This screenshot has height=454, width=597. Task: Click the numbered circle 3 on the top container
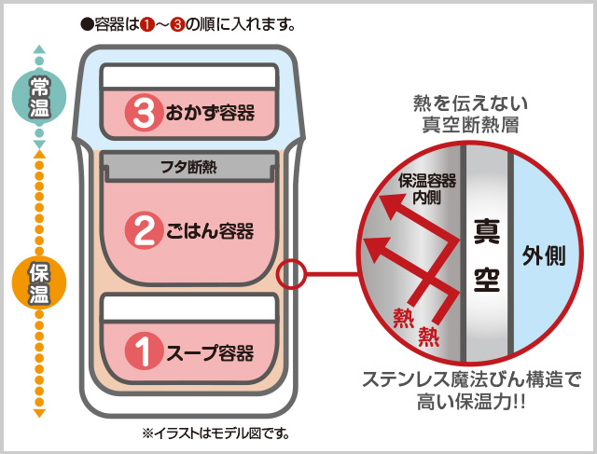pos(144,114)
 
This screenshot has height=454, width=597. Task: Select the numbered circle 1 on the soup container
pos(144,353)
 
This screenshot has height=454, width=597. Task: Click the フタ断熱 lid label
pos(189,168)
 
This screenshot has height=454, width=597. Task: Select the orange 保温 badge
pos(38,283)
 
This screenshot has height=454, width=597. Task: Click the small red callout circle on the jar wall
pos(292,274)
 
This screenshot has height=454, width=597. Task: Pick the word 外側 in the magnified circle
pos(544,256)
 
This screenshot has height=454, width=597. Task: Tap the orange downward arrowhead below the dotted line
pos(38,411)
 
